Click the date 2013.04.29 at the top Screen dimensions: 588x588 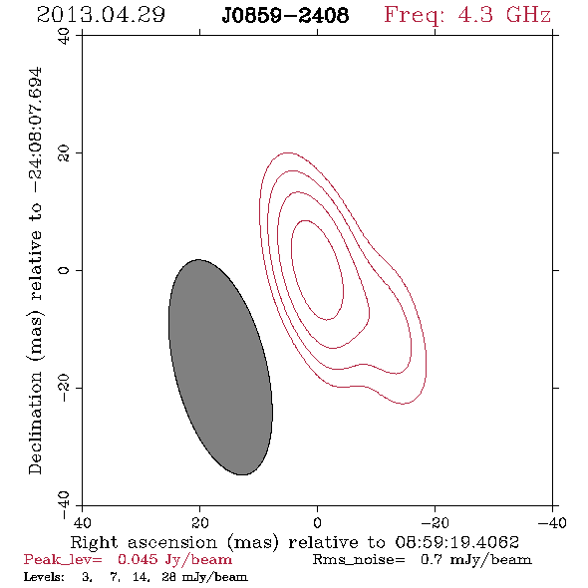[x=101, y=15]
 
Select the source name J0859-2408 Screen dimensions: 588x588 [x=285, y=16]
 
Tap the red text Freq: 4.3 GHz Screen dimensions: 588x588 [x=467, y=15]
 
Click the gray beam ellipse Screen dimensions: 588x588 [x=220, y=367]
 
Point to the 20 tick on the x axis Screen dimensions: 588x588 [x=199, y=523]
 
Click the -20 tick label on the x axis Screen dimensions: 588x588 [x=435, y=523]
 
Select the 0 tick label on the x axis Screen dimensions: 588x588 [x=317, y=523]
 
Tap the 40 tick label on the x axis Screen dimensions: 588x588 [x=82, y=523]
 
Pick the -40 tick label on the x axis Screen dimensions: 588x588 [x=552, y=523]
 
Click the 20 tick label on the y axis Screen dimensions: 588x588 [x=64, y=153]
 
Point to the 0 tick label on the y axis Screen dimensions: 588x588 [x=64, y=270]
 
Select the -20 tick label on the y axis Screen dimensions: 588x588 [x=64, y=388]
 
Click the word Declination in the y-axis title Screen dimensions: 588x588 [x=35, y=423]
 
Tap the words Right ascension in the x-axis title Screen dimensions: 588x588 [x=144, y=542]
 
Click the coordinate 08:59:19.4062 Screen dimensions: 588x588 [x=457, y=542]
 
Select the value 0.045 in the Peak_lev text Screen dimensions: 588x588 [x=138, y=559]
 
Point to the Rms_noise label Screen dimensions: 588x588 [x=359, y=560]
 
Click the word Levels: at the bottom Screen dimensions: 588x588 [x=44, y=577]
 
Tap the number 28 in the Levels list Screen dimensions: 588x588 [x=168, y=577]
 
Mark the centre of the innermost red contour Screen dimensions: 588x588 [x=317, y=270]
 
